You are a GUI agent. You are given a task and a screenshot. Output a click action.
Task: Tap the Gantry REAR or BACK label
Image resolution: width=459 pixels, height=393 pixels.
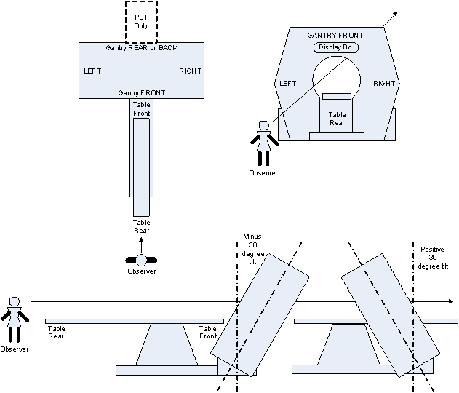[x=141, y=48]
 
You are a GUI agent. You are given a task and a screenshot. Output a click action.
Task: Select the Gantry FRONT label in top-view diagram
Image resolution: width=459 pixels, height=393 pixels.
[x=141, y=93]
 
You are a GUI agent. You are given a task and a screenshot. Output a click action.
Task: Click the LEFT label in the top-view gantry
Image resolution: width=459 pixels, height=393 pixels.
[x=93, y=71]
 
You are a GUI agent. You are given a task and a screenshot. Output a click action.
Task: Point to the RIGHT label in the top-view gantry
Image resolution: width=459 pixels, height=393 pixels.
[x=190, y=71]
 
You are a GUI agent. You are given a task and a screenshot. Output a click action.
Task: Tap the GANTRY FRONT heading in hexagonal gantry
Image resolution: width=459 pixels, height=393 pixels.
[x=335, y=35]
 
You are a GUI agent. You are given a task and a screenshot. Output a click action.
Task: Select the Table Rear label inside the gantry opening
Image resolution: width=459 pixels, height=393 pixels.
[x=338, y=119]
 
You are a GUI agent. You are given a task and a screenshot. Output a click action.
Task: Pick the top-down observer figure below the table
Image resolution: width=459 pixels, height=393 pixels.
[x=141, y=259]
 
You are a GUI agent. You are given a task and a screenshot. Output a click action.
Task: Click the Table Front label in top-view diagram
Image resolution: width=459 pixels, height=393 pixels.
[x=141, y=109]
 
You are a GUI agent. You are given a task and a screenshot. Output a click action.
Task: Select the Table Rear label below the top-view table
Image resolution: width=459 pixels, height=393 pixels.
[x=141, y=226]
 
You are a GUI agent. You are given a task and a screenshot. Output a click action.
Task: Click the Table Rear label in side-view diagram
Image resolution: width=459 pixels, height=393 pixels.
[x=57, y=333]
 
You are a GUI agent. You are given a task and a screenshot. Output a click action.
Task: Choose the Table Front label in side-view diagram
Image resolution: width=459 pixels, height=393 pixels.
[x=208, y=333]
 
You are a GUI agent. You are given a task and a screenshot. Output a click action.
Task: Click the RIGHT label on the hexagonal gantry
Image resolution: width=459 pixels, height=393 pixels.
[x=384, y=84]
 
